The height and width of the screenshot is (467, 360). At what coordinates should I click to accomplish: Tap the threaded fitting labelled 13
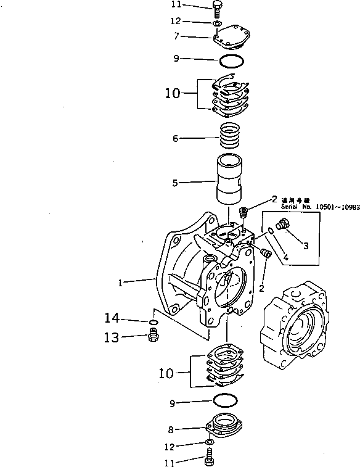pos(154,336)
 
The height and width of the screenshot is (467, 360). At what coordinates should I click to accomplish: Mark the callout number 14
pos(111,319)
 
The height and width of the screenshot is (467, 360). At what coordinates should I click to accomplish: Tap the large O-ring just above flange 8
pos(224,401)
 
